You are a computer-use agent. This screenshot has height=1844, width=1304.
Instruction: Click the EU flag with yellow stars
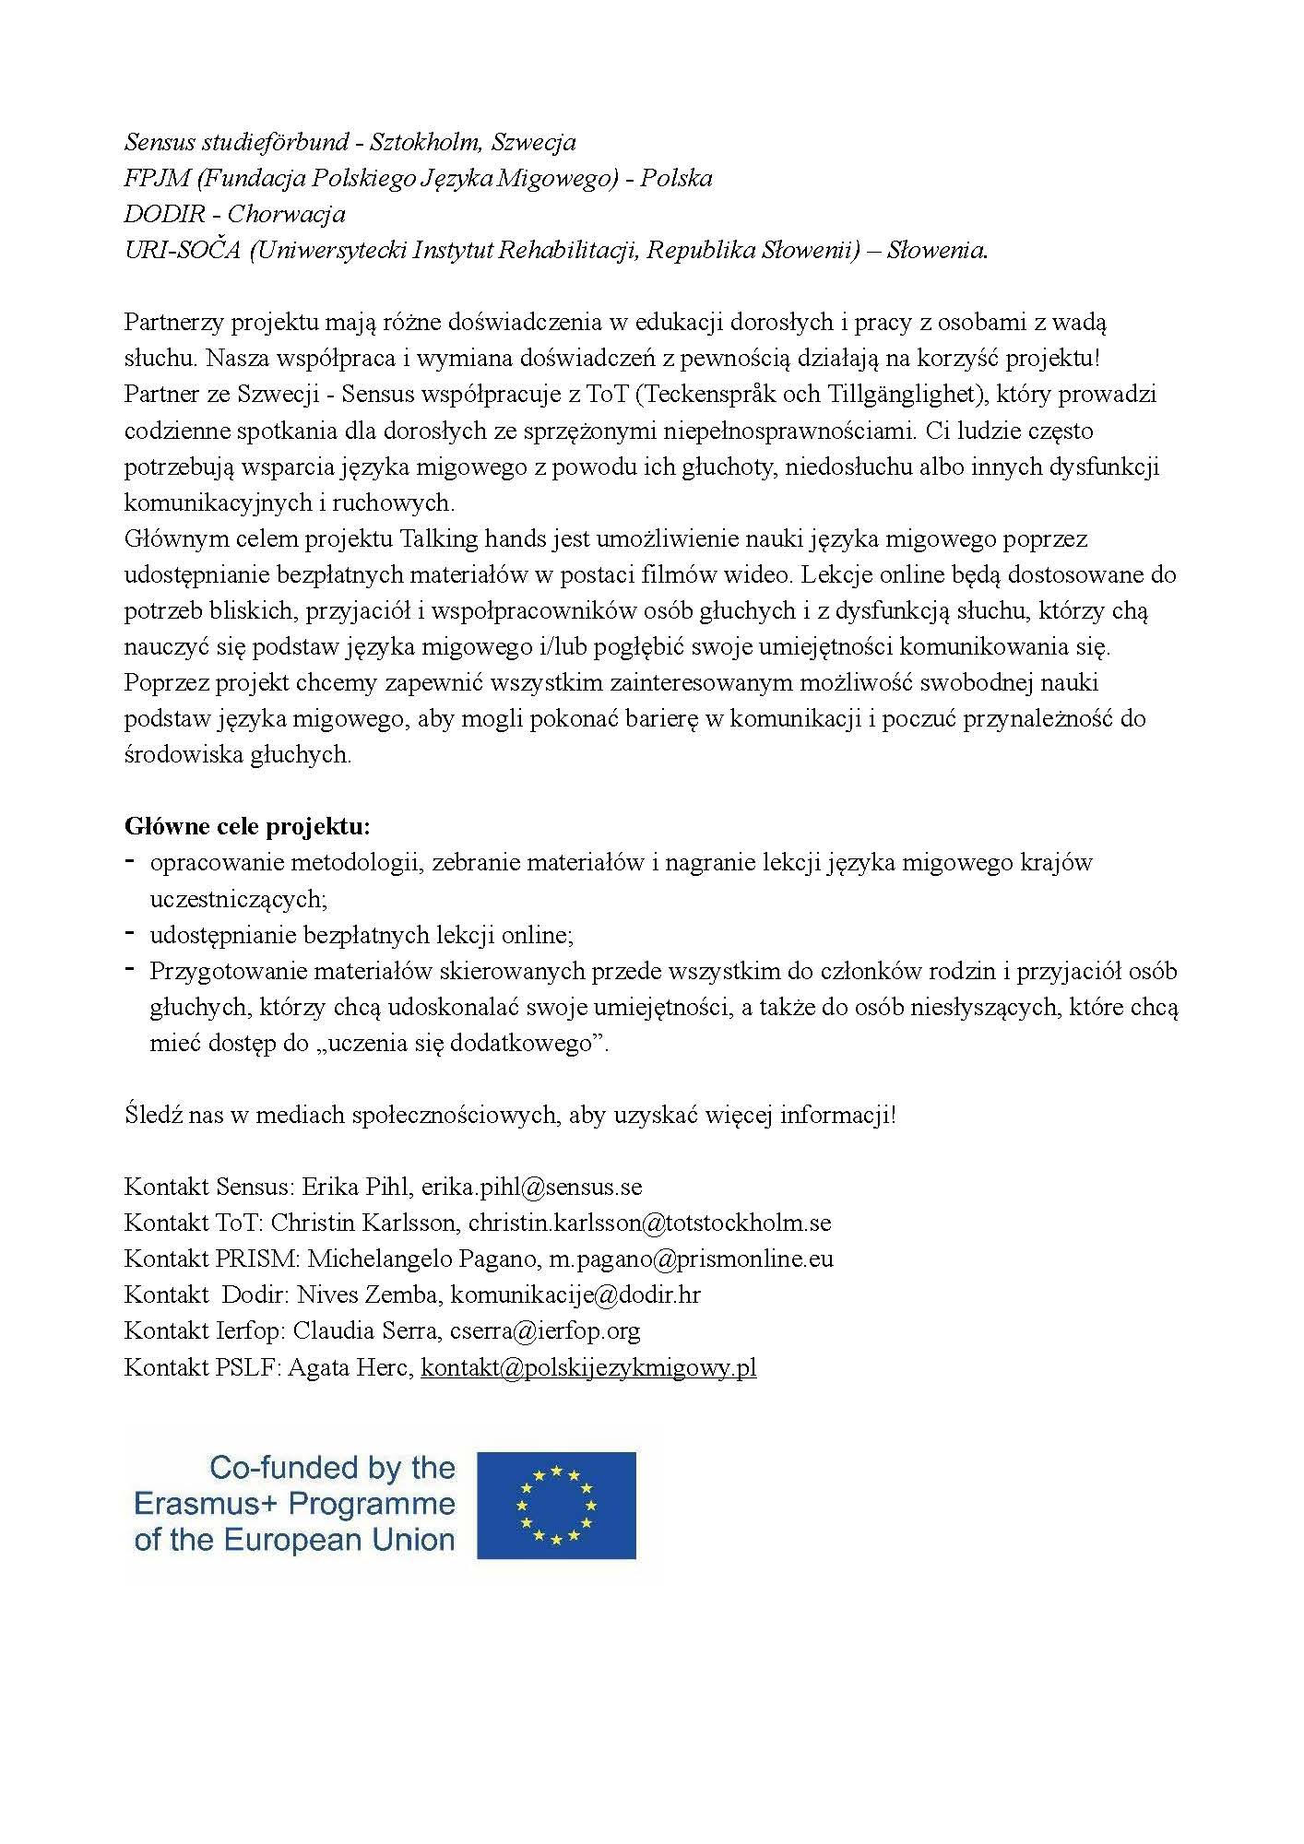pyautogui.click(x=556, y=1506)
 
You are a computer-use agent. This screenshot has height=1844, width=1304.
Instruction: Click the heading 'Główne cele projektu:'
pyautogui.click(x=247, y=826)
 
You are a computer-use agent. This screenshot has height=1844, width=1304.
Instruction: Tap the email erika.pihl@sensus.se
pyautogui.click(x=531, y=1187)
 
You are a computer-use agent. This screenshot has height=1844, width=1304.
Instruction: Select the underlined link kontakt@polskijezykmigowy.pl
pyautogui.click(x=588, y=1367)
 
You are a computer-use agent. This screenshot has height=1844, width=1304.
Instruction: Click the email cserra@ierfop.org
pyautogui.click(x=545, y=1331)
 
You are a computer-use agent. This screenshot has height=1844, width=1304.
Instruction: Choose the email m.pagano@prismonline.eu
pyautogui.click(x=691, y=1259)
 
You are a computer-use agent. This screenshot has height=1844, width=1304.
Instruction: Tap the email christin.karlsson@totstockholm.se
pyautogui.click(x=649, y=1223)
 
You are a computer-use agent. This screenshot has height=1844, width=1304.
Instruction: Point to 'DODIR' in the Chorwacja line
pyautogui.click(x=164, y=214)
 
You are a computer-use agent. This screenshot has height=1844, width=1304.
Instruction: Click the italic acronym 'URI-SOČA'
pyautogui.click(x=182, y=250)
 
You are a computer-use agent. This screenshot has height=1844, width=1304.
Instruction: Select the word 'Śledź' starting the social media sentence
pyautogui.click(x=153, y=1115)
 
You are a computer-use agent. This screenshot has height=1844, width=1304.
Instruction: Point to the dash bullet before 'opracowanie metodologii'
pyautogui.click(x=131, y=861)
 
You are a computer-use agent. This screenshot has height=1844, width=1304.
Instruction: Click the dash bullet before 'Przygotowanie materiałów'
pyautogui.click(x=131, y=969)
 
